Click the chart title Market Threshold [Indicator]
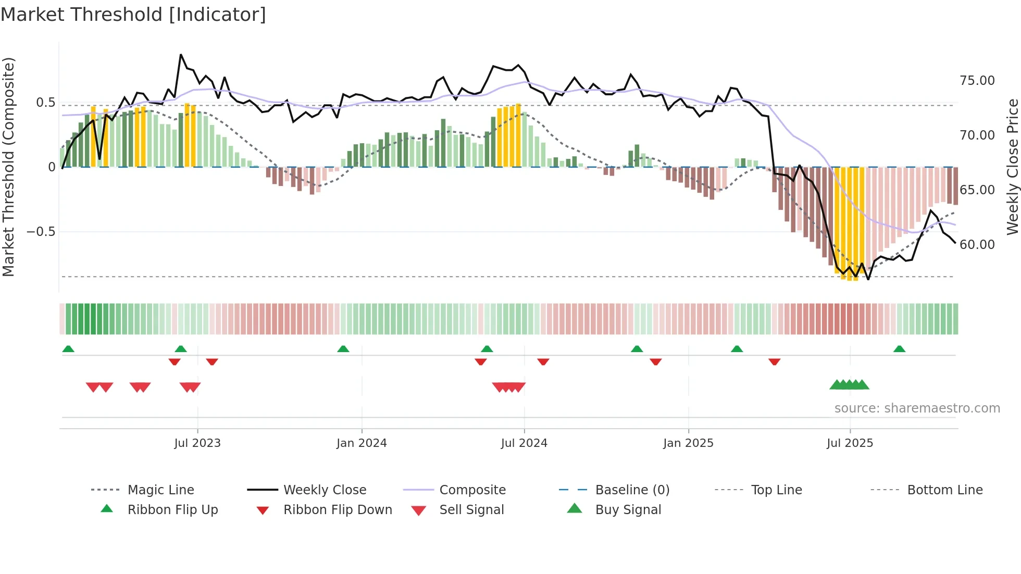(x=133, y=15)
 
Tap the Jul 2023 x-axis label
(x=197, y=443)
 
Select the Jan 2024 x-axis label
(x=362, y=443)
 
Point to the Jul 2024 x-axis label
(x=524, y=443)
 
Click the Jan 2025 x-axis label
(x=688, y=443)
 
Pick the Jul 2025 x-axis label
(x=850, y=443)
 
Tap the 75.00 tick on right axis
(x=977, y=81)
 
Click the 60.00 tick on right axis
(x=977, y=245)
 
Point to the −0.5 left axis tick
(x=41, y=232)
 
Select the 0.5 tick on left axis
(x=45, y=103)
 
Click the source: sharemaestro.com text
(x=917, y=408)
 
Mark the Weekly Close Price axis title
(x=1012, y=167)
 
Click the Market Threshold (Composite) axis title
(x=8, y=167)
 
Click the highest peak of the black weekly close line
(x=181, y=55)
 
